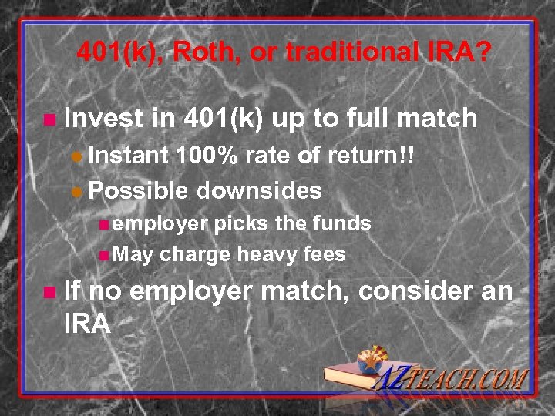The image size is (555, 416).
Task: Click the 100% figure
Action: (207, 156)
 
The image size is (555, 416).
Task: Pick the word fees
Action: (325, 254)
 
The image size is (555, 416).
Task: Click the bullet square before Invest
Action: (50, 120)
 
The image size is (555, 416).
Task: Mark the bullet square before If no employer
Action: (50, 293)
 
